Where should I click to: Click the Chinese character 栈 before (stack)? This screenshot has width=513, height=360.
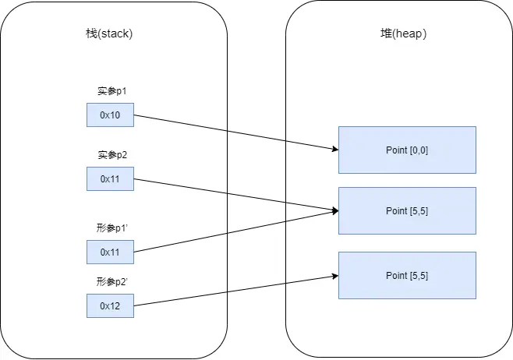pos(91,34)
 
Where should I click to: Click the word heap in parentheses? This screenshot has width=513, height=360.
pos(409,34)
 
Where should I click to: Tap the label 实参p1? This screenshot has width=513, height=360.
pos(112,91)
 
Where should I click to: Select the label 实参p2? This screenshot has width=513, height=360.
pos(112,154)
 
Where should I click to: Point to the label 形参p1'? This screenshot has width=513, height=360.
pos(112,228)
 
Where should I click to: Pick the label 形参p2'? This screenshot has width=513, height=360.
pos(112,281)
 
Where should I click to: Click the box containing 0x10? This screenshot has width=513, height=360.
pos(110,115)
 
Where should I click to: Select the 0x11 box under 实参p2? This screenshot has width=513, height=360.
pos(110,179)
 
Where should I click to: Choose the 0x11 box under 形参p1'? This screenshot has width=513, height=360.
pos(110,252)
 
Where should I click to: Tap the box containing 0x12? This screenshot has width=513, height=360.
pos(110,305)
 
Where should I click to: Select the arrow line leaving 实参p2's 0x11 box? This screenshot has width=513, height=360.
pos(236,195)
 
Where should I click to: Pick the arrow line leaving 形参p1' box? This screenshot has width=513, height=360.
pos(236,231)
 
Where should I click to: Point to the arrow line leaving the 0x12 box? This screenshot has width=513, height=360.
pos(236,291)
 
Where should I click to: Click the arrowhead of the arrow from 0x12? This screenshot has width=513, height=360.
pos(335,277)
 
